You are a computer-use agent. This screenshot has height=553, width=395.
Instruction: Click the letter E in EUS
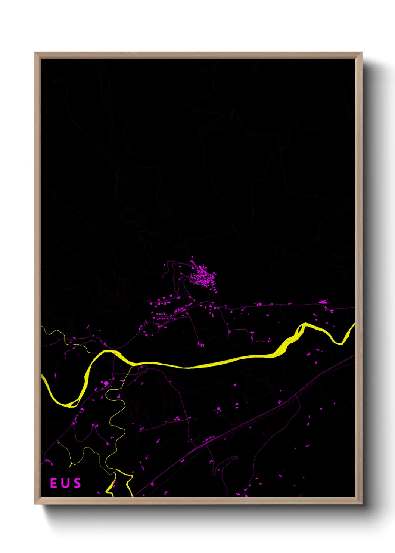click(x=53, y=483)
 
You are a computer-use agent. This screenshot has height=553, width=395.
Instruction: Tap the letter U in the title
click(x=65, y=483)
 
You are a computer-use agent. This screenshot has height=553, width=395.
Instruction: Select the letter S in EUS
click(x=77, y=483)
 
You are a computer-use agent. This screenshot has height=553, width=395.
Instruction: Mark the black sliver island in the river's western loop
click(x=73, y=402)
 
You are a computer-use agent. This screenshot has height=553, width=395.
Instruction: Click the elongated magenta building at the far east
click(x=323, y=302)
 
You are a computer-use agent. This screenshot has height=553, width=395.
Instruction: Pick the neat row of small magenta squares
click(x=161, y=315)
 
